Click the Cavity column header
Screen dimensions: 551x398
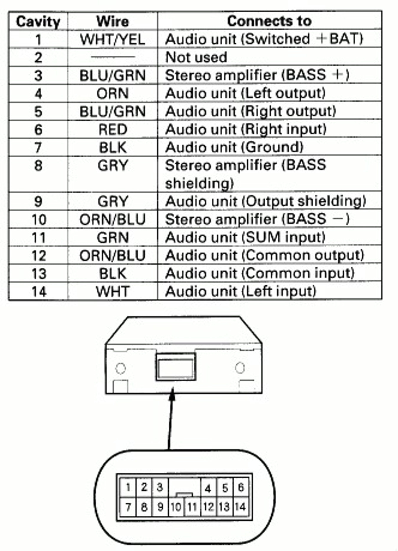pos(38,22)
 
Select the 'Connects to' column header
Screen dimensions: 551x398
pos(269,21)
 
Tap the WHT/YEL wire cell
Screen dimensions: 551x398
pos(112,39)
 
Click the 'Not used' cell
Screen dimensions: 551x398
pos(196,57)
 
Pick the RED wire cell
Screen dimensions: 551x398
pos(113,129)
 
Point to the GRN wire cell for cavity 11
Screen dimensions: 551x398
pos(113,237)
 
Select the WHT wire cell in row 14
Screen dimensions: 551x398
pos(113,292)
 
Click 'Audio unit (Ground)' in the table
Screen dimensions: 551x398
pos(234,147)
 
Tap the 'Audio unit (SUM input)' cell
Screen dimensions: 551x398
pos(245,237)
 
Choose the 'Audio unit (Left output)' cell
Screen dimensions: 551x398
pos(245,93)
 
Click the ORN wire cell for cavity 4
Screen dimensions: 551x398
pos(113,93)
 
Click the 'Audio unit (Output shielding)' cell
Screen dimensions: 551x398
pos(265,202)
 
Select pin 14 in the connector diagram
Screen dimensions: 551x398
pos(240,507)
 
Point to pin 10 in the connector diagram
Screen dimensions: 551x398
pos(176,507)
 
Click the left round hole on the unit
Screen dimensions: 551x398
pos(120,368)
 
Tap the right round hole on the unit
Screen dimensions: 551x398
pos(240,368)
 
